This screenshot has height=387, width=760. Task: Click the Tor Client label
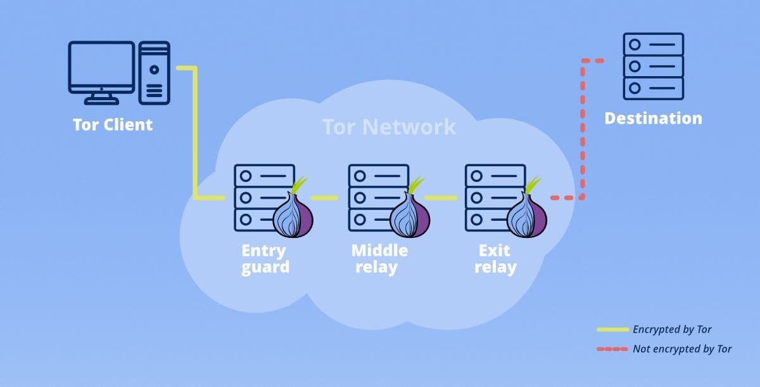tap(113, 124)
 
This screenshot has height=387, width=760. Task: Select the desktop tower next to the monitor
tap(155, 73)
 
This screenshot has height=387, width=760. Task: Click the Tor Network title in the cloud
tap(389, 127)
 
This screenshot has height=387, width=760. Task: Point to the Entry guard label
tap(264, 259)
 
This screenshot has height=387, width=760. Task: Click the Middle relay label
tap(379, 259)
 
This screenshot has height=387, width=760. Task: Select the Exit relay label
tap(495, 259)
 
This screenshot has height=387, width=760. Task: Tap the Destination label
tap(653, 119)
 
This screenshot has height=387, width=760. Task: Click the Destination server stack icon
tap(653, 67)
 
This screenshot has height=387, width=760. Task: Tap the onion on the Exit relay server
tap(526, 213)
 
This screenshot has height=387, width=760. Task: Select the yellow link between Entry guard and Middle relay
tap(324, 198)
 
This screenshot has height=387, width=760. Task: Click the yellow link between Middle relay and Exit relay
tap(441, 198)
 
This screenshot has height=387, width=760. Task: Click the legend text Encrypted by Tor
tap(672, 329)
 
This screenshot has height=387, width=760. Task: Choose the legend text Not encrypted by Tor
tap(682, 349)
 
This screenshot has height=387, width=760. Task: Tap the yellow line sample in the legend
tap(612, 330)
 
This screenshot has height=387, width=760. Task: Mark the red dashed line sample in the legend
tap(612, 349)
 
